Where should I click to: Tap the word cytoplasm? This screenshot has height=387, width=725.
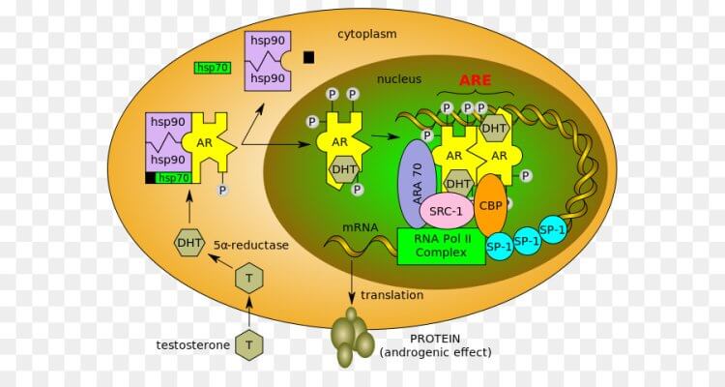tap(366, 34)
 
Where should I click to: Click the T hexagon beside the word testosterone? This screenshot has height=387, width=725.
tap(249, 342)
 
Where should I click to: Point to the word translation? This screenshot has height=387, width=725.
tap(391, 295)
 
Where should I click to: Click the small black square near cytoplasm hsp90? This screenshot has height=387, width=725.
tap(308, 57)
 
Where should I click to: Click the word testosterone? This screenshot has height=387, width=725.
tap(192, 343)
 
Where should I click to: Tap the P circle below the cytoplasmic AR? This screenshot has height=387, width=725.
tap(221, 191)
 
